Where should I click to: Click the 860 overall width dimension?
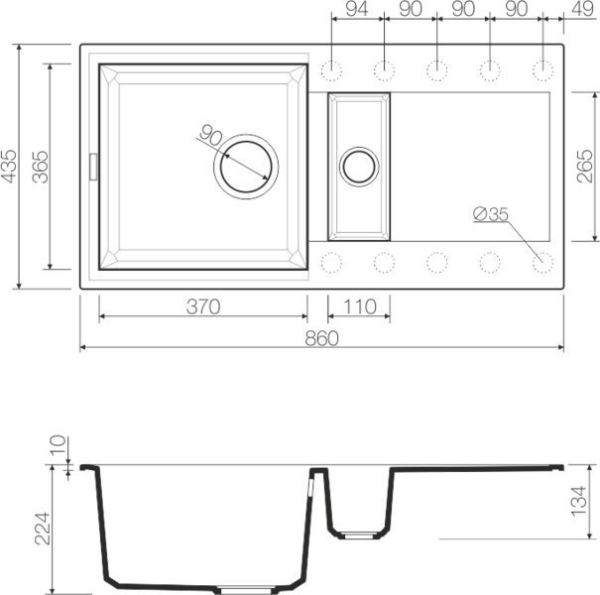(321, 337)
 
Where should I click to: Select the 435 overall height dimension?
(11, 166)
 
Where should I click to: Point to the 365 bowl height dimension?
(40, 166)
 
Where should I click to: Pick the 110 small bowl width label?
(359, 306)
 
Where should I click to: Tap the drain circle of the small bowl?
(358, 166)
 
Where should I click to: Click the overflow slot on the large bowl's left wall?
(94, 166)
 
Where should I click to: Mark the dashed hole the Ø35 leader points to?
(541, 263)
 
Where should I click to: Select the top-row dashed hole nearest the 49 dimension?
(541, 69)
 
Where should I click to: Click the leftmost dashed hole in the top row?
(331, 69)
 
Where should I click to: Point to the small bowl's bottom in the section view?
(358, 534)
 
